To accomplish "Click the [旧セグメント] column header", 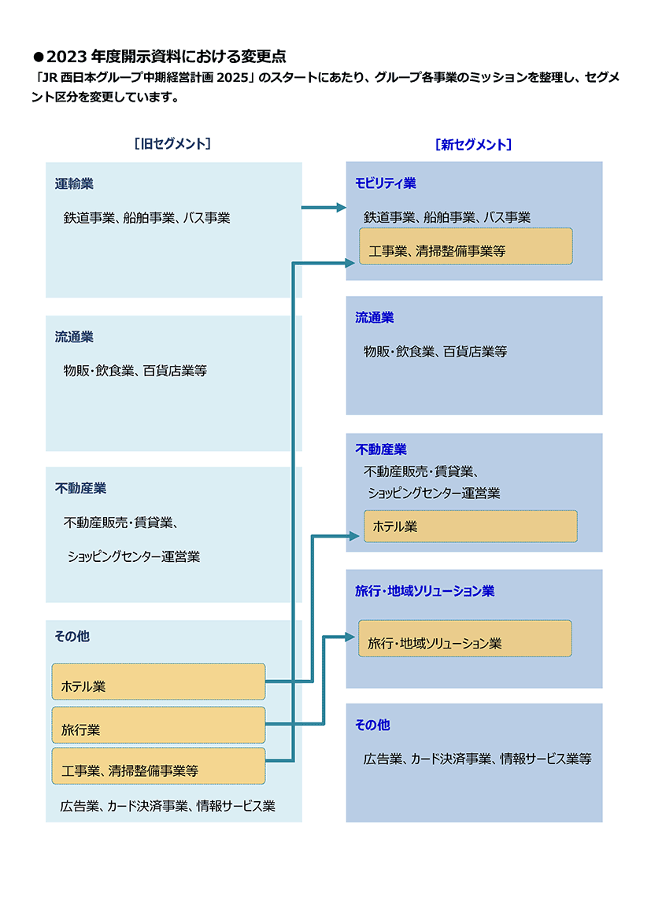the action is (x=172, y=144).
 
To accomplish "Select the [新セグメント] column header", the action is (x=474, y=144).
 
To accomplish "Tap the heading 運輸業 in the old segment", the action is (x=74, y=183).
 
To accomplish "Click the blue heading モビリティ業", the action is (x=386, y=183).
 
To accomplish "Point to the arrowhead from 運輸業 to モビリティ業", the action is (x=341, y=207).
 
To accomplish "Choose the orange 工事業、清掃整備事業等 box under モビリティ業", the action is (x=466, y=246).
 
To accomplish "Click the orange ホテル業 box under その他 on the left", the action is (x=158, y=682).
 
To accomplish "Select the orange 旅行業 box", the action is (x=158, y=725).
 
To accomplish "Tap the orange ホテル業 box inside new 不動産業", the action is (x=471, y=526).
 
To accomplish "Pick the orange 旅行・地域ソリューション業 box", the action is (x=465, y=638).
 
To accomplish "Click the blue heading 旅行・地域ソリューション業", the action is (x=425, y=591).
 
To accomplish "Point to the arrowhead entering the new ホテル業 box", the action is (x=354, y=536).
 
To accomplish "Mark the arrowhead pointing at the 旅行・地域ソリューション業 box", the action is (x=350, y=637).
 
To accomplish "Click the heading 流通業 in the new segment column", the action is (x=375, y=317).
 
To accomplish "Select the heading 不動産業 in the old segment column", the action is (x=81, y=488).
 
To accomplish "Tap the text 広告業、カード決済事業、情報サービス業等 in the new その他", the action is (x=477, y=759).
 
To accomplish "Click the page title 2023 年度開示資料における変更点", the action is (x=166, y=57).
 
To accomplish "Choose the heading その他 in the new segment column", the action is (x=373, y=725).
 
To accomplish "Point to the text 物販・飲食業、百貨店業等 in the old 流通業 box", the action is (x=135, y=371).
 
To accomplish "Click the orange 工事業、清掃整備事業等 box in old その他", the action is (x=158, y=766).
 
